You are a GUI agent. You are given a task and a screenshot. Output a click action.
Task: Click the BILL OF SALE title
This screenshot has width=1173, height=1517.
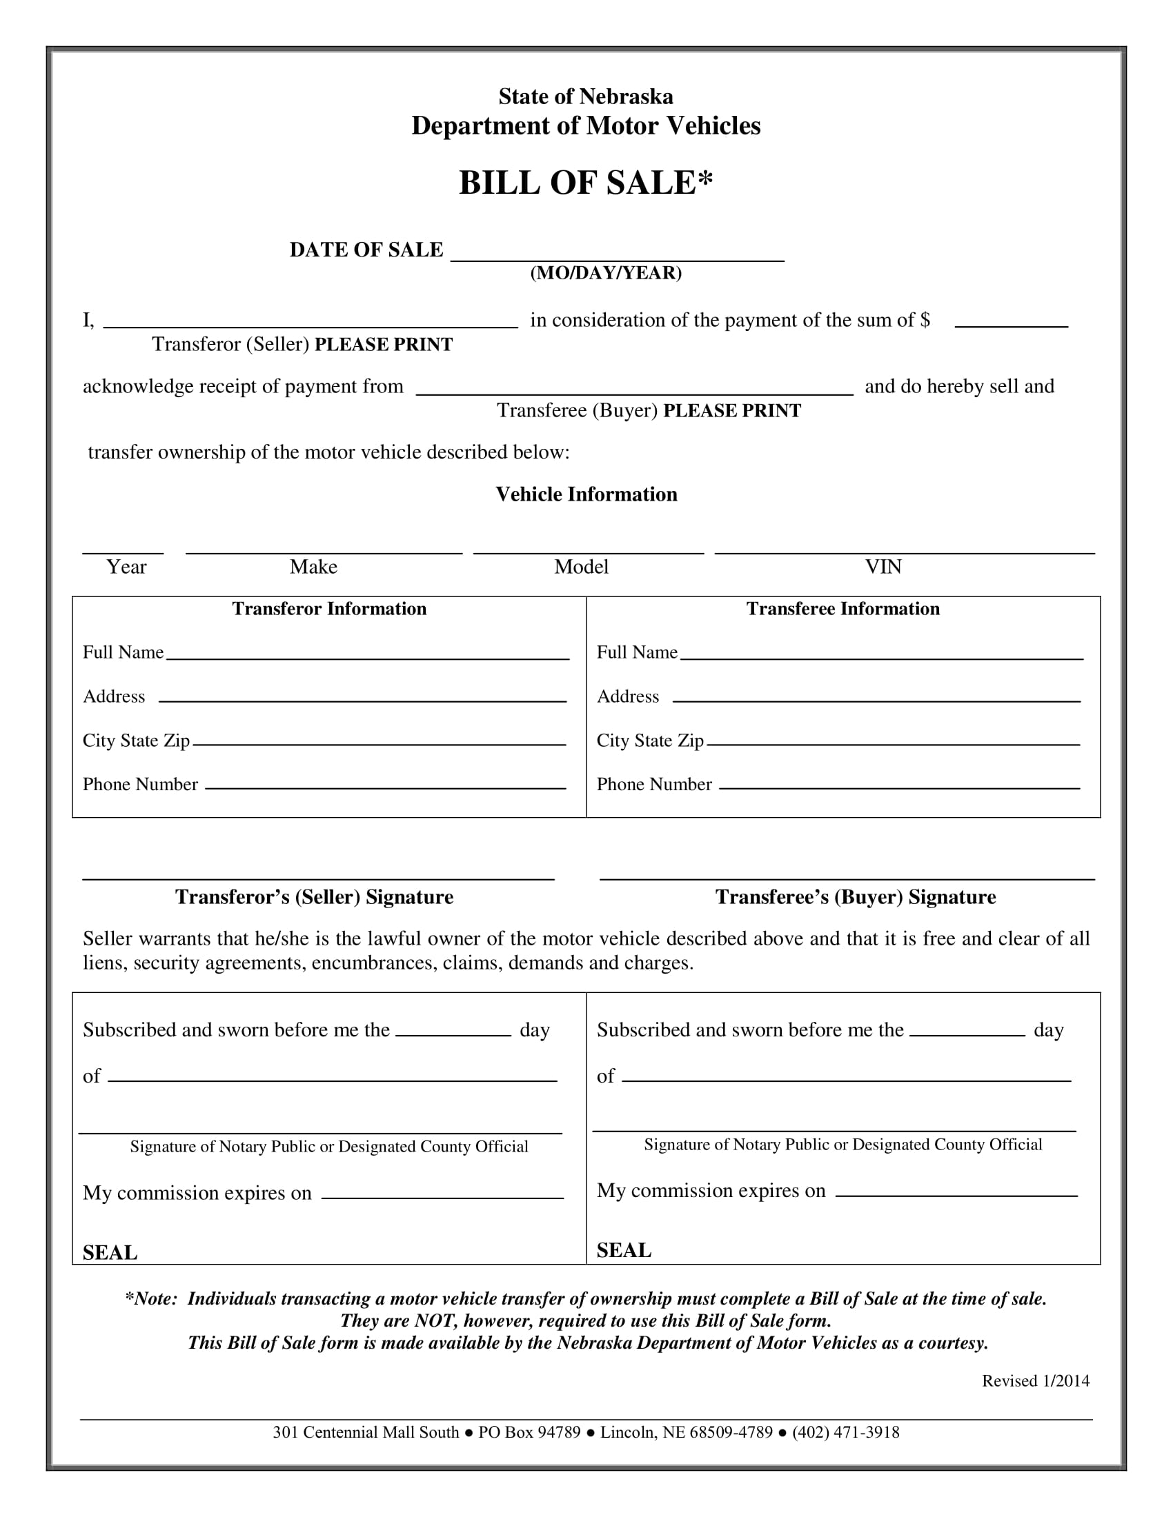(x=585, y=183)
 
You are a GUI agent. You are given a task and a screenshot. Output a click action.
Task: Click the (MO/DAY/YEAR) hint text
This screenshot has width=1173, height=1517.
(x=606, y=273)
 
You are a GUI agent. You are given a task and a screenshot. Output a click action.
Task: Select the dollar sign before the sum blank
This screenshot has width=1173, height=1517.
(x=925, y=320)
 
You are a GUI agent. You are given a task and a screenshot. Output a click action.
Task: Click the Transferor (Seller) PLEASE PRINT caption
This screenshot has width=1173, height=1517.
(x=302, y=345)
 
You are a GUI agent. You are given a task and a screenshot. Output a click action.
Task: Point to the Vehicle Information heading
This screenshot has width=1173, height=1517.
(x=586, y=494)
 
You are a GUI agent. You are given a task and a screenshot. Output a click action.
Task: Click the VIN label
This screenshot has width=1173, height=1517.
(x=883, y=567)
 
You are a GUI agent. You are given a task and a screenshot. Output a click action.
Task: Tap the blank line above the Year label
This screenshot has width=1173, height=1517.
(x=123, y=552)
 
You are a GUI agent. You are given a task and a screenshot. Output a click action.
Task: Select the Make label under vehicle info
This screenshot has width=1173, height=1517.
(x=313, y=567)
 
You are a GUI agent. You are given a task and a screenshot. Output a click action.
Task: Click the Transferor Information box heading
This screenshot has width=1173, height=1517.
(x=328, y=609)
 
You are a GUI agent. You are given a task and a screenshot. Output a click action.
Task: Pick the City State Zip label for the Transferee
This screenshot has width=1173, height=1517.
(x=650, y=741)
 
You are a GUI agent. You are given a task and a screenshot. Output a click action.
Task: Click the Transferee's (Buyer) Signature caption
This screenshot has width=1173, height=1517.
(x=856, y=897)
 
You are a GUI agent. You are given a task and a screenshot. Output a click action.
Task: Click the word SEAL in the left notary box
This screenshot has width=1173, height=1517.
(x=110, y=1253)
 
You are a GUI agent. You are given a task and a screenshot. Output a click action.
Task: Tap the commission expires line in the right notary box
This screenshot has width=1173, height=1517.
(x=956, y=1195)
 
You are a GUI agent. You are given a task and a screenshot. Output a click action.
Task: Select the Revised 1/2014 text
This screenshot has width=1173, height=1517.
(x=1036, y=1381)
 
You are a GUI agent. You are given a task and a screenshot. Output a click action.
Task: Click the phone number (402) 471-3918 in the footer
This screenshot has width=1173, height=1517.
(x=846, y=1432)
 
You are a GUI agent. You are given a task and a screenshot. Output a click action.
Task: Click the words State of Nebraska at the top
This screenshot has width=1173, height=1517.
(x=585, y=97)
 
